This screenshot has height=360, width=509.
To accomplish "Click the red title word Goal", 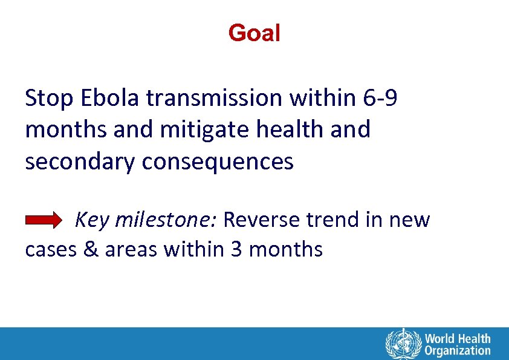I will point(254,33).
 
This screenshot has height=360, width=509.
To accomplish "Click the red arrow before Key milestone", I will point(44,221).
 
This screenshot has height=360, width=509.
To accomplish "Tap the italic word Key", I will point(91,220).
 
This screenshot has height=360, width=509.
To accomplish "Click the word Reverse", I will point(261,220).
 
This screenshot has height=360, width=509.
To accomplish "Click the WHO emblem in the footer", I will point(402,344).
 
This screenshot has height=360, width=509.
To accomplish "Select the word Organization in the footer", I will point(458,350).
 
